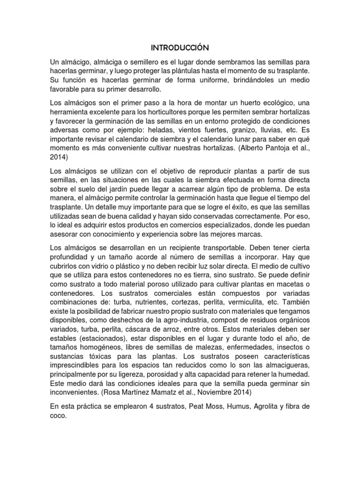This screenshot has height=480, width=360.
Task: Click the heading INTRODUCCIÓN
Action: [x=180, y=48]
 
